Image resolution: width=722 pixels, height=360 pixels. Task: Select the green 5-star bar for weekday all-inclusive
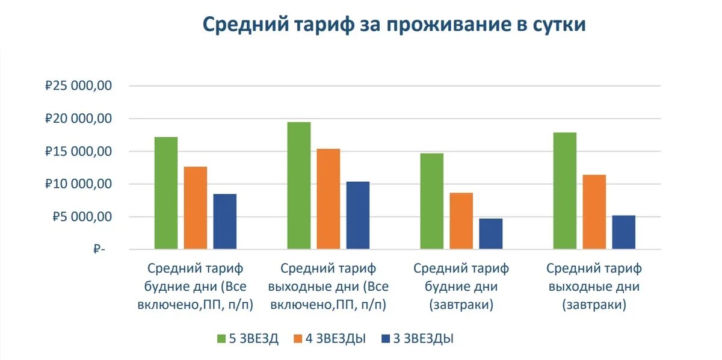tap(166, 193)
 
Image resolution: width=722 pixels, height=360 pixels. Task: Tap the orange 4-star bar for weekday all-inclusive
tap(196, 208)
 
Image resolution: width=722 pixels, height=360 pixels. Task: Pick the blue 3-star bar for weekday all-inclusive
tap(225, 221)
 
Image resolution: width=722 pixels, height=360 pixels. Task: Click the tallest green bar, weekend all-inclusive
tap(299, 185)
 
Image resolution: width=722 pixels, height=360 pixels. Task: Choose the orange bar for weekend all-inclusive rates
tap(329, 199)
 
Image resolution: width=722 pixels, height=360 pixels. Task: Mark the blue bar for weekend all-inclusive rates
tap(358, 215)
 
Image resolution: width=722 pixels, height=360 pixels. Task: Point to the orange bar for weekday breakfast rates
tap(461, 220)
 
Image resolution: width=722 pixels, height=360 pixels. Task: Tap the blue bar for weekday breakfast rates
tap(491, 234)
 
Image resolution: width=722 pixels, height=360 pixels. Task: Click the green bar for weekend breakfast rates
tap(565, 190)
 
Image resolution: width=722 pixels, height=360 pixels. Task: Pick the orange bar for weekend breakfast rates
tap(594, 212)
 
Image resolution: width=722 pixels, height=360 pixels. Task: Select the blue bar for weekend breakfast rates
tap(624, 232)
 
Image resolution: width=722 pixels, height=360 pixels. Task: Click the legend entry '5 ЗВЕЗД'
tap(247, 338)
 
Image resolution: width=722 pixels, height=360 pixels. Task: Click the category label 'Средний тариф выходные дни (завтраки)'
tap(594, 287)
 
